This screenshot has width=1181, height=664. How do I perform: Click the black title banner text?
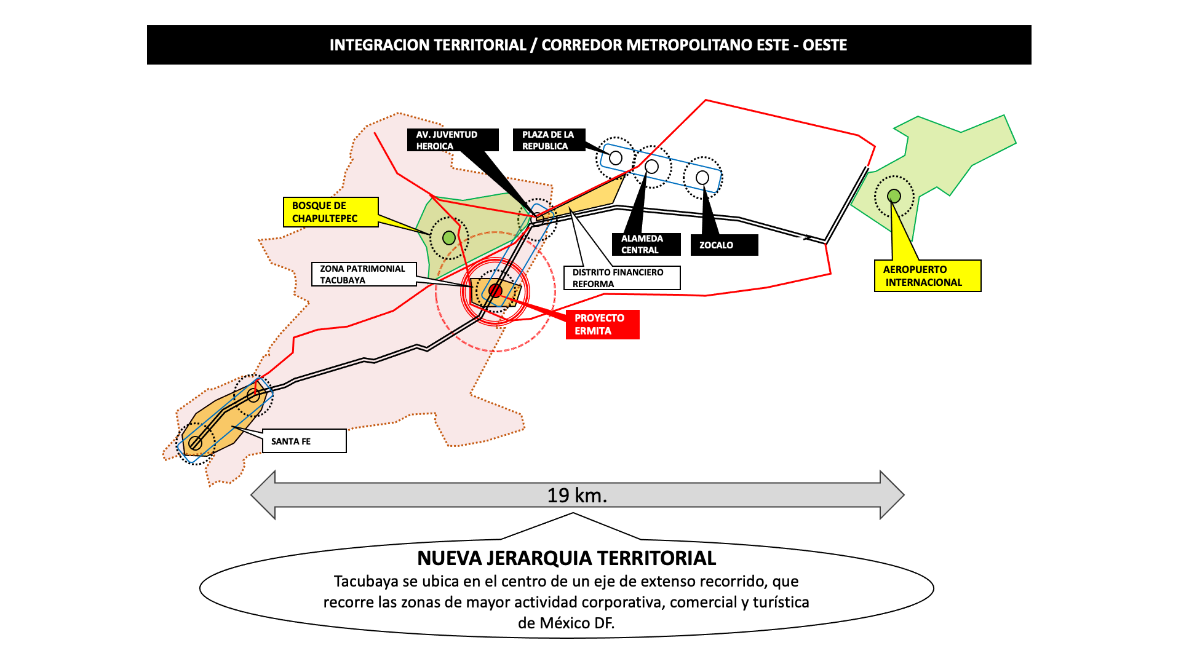pyautogui.click(x=588, y=45)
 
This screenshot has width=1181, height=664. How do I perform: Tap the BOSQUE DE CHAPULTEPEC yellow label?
pyautogui.click(x=330, y=212)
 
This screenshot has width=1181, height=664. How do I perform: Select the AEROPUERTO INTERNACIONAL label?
pyautogui.click(x=927, y=275)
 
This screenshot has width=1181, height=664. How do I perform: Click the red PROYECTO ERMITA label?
pyautogui.click(x=602, y=325)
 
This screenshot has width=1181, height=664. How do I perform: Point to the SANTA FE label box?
pyautogui.click(x=304, y=441)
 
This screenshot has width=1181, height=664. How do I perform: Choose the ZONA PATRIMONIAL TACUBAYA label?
pyautogui.click(x=364, y=274)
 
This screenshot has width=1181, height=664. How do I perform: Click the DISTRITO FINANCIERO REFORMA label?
pyautogui.click(x=622, y=278)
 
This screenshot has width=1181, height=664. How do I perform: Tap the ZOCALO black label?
pyautogui.click(x=724, y=245)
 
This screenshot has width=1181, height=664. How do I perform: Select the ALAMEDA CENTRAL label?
pyautogui.click(x=646, y=244)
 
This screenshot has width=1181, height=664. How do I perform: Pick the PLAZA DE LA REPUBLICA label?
pyautogui.click(x=549, y=140)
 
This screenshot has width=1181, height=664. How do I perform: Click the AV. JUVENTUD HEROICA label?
pyautogui.click(x=452, y=140)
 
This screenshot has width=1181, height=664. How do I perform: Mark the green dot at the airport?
pyautogui.click(x=894, y=196)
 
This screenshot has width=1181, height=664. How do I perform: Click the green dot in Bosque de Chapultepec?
pyautogui.click(x=449, y=237)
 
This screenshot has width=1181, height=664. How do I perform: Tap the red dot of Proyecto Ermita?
pyautogui.click(x=495, y=291)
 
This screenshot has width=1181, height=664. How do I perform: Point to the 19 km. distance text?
pyautogui.click(x=577, y=496)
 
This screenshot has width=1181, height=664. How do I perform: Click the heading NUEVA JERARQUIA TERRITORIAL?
pyautogui.click(x=567, y=558)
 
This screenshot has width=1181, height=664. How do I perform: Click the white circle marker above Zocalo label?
pyautogui.click(x=702, y=178)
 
